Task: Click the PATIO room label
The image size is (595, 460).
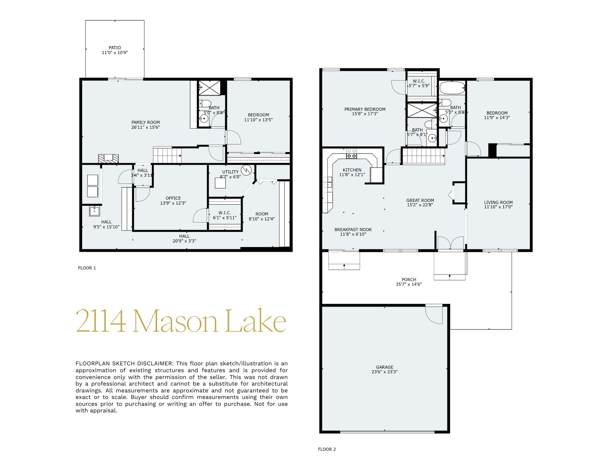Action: [x=115, y=48]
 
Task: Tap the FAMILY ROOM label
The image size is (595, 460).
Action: [x=145, y=122]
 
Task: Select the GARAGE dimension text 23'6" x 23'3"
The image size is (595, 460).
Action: [x=384, y=372]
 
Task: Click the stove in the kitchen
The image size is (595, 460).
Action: [x=351, y=154]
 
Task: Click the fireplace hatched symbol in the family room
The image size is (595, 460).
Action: [x=108, y=159]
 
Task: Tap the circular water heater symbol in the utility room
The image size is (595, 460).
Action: [x=246, y=170]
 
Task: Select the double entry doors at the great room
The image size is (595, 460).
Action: [x=451, y=243]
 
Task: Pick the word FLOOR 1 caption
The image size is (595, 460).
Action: [x=87, y=268]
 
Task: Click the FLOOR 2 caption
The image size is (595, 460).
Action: [x=327, y=449]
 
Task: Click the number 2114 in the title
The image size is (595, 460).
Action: [x=101, y=321]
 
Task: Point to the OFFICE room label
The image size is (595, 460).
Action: [x=173, y=198]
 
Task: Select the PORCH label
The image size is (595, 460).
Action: [x=409, y=280]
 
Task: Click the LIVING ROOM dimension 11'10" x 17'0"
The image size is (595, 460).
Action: [x=498, y=207]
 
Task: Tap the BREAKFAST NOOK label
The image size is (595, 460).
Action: [x=353, y=230]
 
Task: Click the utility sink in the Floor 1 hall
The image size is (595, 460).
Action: [x=95, y=211]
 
